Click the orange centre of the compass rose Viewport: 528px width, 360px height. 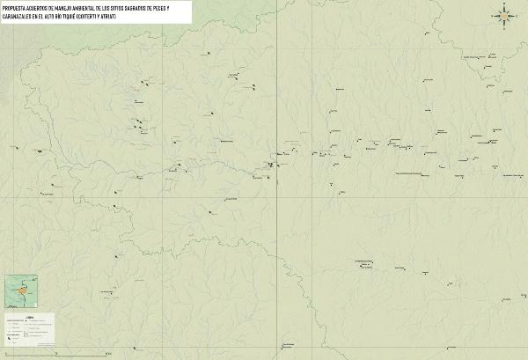[x=503, y=15]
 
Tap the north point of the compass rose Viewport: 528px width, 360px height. [x=503, y=6]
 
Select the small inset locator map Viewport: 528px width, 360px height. [x=20, y=290]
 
